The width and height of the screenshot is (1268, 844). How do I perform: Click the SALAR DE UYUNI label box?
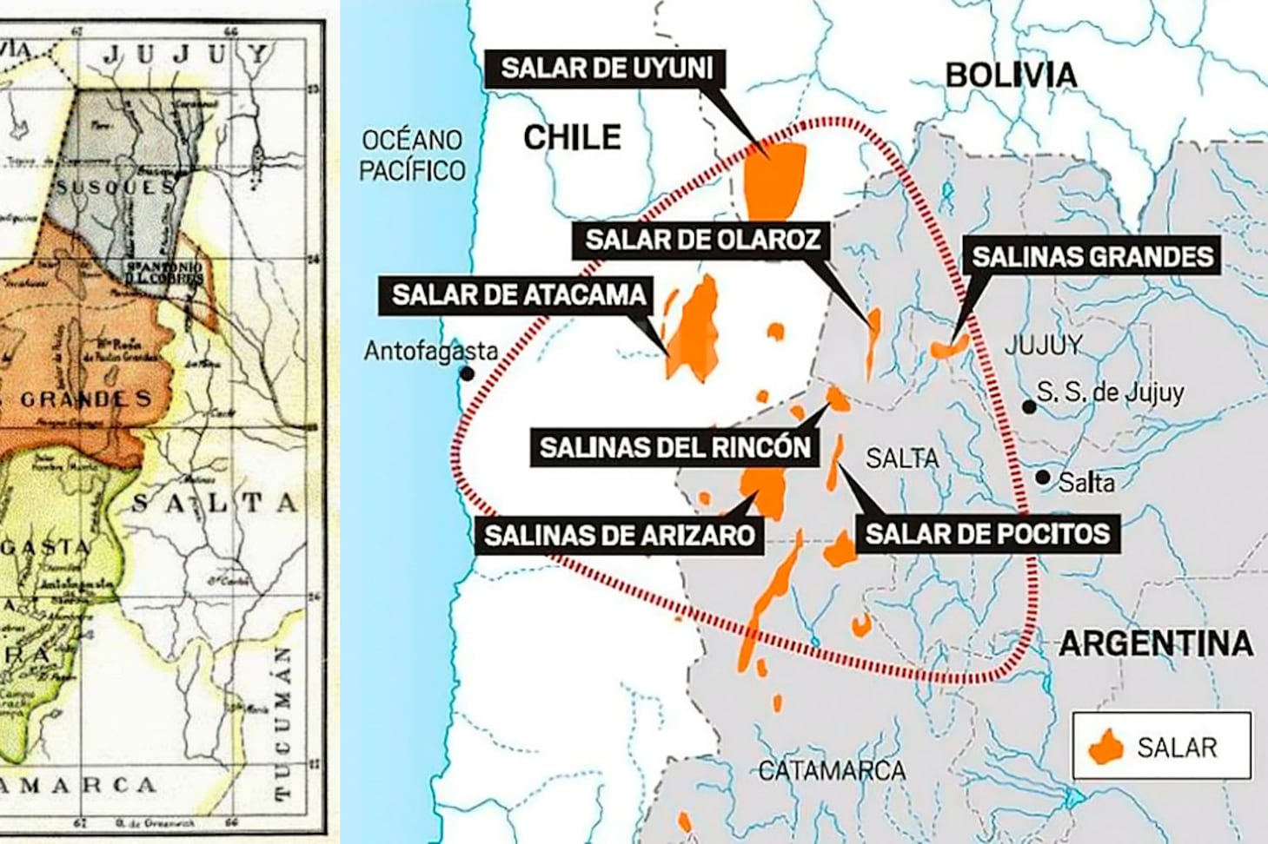coord(606,68)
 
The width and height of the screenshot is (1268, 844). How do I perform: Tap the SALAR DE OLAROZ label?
coord(701,240)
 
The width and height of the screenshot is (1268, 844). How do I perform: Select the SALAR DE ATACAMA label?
coord(519,295)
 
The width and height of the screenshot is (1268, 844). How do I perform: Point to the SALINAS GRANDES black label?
coord(1092,256)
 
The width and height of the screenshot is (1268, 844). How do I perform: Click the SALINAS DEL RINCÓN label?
coord(674,447)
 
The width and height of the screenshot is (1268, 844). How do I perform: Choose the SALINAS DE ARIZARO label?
coord(619,534)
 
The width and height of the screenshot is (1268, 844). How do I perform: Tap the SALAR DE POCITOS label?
coord(987,532)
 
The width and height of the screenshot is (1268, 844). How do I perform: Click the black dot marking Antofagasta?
coord(468,373)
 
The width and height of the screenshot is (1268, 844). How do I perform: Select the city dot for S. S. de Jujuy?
coord(1029,406)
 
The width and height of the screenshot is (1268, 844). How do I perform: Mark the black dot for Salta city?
coord(1043,477)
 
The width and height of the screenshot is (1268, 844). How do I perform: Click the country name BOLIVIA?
coord(1011,76)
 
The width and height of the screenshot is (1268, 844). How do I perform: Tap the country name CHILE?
coord(572,137)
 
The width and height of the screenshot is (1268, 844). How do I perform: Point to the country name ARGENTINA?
coord(1155,643)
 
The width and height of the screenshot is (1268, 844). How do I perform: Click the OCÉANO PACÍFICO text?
coord(412,155)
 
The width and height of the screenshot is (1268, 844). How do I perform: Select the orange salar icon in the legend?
coord(1106,747)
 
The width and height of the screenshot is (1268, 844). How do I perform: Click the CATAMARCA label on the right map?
coord(831,770)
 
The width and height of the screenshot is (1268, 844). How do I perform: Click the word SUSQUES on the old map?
coord(115,187)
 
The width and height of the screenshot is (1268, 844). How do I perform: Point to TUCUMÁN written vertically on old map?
coord(283,722)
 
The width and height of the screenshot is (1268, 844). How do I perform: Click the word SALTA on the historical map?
coord(215,503)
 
